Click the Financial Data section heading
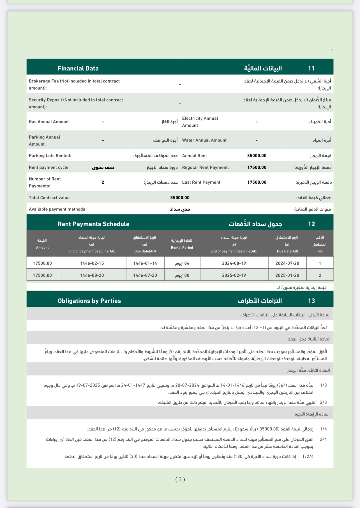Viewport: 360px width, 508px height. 78,68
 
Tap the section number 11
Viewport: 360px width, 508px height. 311,68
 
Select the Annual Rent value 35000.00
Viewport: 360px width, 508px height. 257,156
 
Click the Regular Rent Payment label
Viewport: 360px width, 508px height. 205,167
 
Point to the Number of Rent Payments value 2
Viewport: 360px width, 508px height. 103,182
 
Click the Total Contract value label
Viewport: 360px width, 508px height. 49,198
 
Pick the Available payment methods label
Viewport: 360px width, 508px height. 57,209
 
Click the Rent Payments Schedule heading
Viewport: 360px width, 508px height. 93,224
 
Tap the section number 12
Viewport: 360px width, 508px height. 311,224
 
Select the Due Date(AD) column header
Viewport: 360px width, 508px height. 287,251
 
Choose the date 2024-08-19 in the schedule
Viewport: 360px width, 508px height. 234,263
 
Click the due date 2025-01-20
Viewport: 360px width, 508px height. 287,275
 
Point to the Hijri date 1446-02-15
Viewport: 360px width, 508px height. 92,263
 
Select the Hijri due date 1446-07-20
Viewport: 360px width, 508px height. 145,275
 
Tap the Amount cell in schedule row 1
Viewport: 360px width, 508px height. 42,263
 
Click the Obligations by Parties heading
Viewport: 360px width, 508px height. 89,301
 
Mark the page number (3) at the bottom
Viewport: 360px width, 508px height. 180,479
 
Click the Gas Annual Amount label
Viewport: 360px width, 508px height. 49,122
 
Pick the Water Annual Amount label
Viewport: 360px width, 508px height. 204,140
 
